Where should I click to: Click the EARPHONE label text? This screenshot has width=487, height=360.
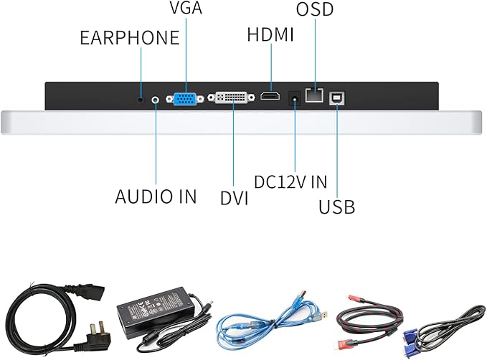pos(129,37)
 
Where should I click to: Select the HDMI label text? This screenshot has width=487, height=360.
pos(270,34)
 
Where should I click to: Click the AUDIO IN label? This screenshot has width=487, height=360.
pos(156,196)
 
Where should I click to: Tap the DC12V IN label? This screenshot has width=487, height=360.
pos(290,181)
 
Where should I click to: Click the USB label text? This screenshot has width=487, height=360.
pos(336,207)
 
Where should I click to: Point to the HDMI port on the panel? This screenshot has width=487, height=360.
pos(270,97)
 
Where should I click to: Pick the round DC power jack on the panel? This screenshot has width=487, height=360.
pos(294,98)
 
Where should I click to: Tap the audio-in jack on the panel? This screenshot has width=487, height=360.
pos(156,98)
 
